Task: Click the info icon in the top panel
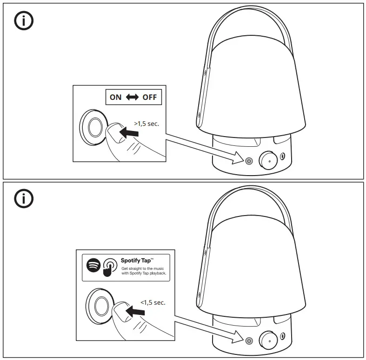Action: tap(23, 20)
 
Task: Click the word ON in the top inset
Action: tap(115, 98)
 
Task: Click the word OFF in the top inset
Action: tap(149, 98)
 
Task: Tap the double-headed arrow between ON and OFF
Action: tap(132, 98)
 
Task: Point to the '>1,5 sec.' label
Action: tap(146, 124)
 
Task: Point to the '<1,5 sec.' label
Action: tap(153, 302)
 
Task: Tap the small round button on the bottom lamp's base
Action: tap(249, 340)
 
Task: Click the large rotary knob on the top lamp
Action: tap(267, 160)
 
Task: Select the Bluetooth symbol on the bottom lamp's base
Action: tap(284, 336)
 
